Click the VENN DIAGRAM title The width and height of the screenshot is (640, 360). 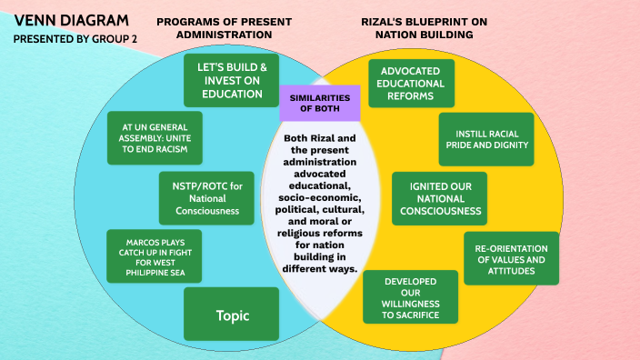pos(72,20)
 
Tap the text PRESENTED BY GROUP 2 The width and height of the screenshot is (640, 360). pos(75,39)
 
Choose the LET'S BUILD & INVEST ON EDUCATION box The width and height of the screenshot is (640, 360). pos(231,80)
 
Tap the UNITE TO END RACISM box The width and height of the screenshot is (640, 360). pos(154,137)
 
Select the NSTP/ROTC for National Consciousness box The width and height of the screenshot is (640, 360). pos(207,198)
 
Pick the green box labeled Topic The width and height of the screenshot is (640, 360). pos(231,315)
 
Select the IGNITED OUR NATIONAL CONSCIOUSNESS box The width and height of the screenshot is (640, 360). pos(438,198)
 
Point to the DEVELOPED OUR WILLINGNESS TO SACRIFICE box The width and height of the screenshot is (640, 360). pos(412,296)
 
